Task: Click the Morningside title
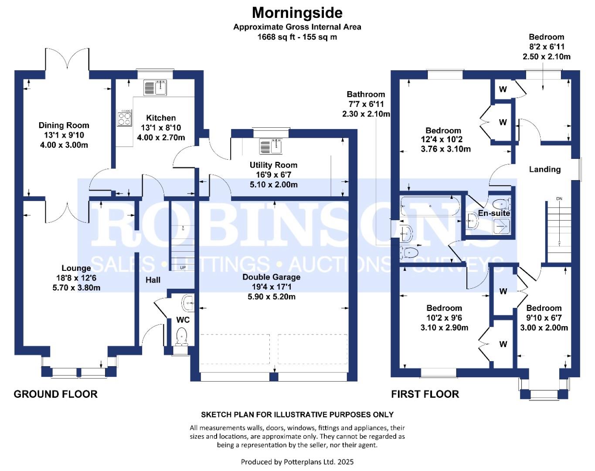click(x=297, y=13)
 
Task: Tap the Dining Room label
click(x=64, y=125)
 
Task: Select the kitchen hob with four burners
click(x=124, y=118)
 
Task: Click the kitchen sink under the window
click(x=155, y=88)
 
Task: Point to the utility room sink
click(x=271, y=147)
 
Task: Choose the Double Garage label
click(x=271, y=277)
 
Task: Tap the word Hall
click(x=153, y=280)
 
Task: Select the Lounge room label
click(x=76, y=268)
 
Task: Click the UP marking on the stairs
click(x=183, y=268)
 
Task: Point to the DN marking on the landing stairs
click(x=559, y=199)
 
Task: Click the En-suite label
click(x=494, y=213)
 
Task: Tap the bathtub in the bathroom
click(x=430, y=206)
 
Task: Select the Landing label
click(x=545, y=169)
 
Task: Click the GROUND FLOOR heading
click(x=55, y=394)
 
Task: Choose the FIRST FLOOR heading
click(x=425, y=394)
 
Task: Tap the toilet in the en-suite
click(x=501, y=204)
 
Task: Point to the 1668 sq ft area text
click(x=278, y=37)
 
